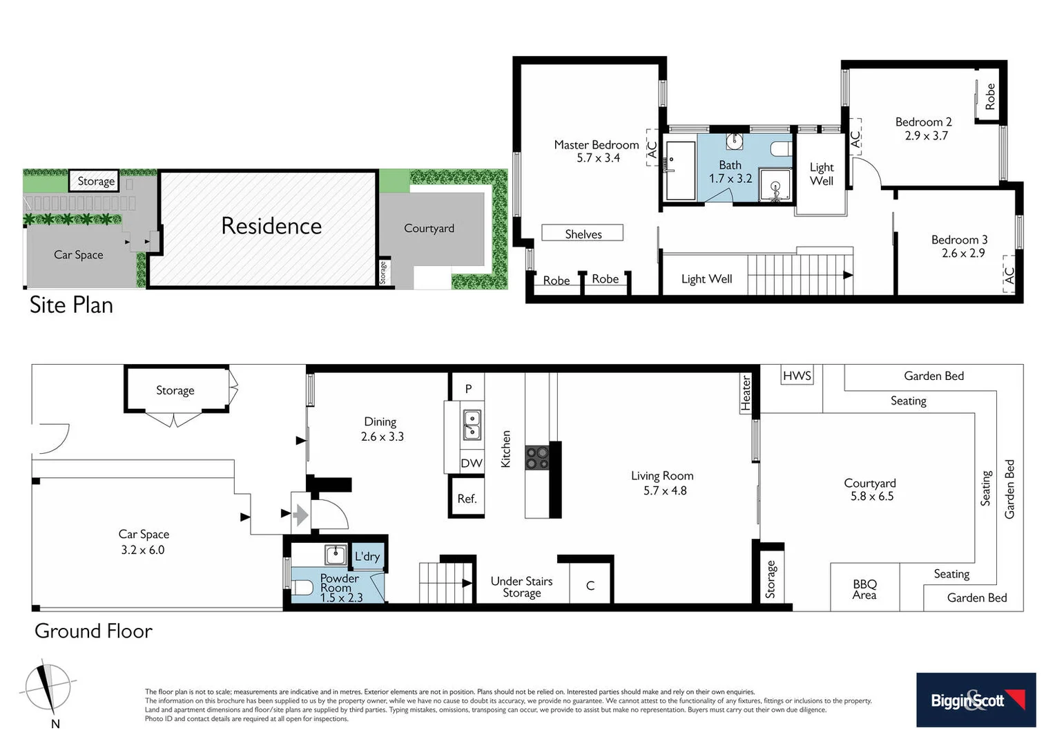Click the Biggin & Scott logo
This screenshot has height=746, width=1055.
(976, 700)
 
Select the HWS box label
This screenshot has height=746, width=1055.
(797, 376)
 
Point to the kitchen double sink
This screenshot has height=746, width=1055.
(472, 425)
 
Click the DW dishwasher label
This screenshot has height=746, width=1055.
(472, 463)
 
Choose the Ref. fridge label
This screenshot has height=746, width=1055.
(467, 499)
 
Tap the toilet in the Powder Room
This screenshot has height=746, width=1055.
(302, 588)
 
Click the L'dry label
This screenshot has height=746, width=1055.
(367, 557)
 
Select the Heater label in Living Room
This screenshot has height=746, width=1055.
(746, 394)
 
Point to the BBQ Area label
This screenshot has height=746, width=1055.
(864, 589)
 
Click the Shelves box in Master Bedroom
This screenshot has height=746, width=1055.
(583, 233)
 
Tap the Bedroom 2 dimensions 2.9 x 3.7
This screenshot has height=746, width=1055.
(927, 136)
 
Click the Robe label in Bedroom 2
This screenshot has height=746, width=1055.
(990, 97)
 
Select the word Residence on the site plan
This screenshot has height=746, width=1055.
(271, 226)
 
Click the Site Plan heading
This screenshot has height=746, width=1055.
(71, 305)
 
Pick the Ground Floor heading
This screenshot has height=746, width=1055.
(93, 631)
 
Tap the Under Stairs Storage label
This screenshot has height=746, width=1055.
(521, 587)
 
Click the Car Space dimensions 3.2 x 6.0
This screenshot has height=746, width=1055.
(143, 550)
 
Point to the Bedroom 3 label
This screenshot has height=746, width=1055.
(959, 240)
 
